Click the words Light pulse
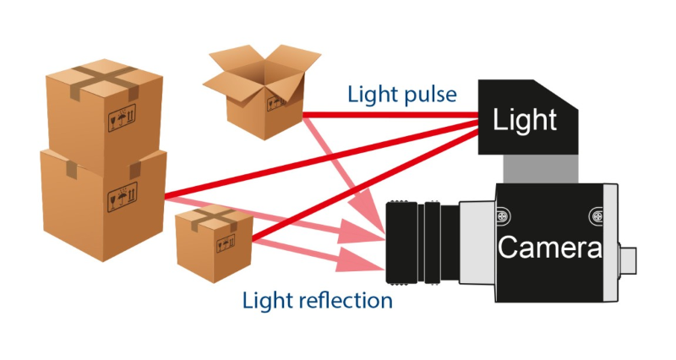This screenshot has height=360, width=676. coord(402,95)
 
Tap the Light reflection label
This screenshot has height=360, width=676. coord(318,300)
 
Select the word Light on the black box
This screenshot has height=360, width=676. coord(525,120)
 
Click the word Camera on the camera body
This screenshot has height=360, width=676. coord(550,247)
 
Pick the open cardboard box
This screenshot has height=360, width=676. coord(262,90)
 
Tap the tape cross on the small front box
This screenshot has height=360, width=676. coord(215,218)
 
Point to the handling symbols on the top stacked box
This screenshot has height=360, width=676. coord(122,117)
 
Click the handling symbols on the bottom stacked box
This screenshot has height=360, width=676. coord(123,197)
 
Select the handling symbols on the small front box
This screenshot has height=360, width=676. coord(226,243)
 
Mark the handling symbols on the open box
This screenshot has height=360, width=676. coord(276,102)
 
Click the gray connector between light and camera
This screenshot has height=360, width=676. coord(541,169)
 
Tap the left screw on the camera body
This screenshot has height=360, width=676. coord(502,216)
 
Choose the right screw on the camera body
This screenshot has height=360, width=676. coord(597,216)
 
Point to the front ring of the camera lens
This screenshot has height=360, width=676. coord(401,243)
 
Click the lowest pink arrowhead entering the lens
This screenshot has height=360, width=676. coord(361,260)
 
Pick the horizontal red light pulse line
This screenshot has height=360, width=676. coord(390,115)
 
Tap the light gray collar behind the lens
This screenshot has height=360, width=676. coord(477,243)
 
